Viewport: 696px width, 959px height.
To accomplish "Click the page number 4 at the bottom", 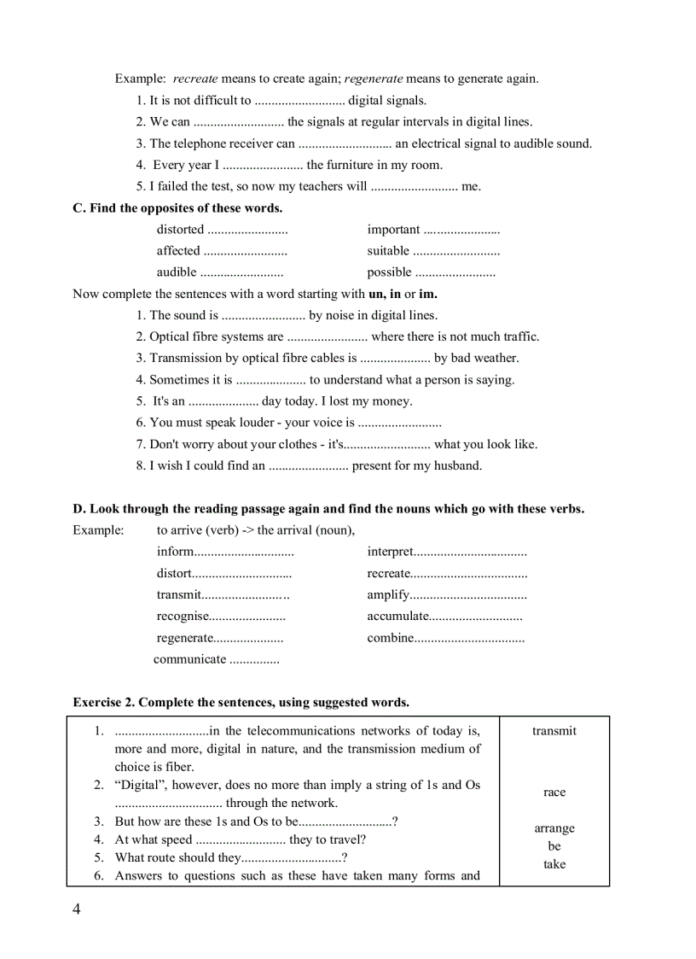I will pos(77,909).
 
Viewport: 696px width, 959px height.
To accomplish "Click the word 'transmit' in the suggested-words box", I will pos(554,731).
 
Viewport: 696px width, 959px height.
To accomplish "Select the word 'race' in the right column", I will pos(554,792).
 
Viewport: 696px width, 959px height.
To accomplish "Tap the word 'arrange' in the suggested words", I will pos(554,828).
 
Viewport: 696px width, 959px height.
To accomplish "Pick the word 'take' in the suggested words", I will pos(554,864).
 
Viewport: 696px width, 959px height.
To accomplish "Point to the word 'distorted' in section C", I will pos(180,230).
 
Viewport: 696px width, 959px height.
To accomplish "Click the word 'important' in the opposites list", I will pos(393,230).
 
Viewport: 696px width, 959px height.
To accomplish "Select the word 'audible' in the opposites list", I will pos(177,272).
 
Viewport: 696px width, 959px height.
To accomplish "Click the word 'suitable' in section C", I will pos(388,251).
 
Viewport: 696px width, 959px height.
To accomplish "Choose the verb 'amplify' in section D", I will pos(388,595).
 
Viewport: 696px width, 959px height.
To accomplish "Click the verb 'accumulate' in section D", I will pos(397,617).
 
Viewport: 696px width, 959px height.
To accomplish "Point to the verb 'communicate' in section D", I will pos(189,659).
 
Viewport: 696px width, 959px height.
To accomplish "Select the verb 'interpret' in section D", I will pos(390,553).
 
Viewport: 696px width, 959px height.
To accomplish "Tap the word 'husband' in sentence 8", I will pos(459,466).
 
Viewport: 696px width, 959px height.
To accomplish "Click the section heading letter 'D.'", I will pos(79,509).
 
